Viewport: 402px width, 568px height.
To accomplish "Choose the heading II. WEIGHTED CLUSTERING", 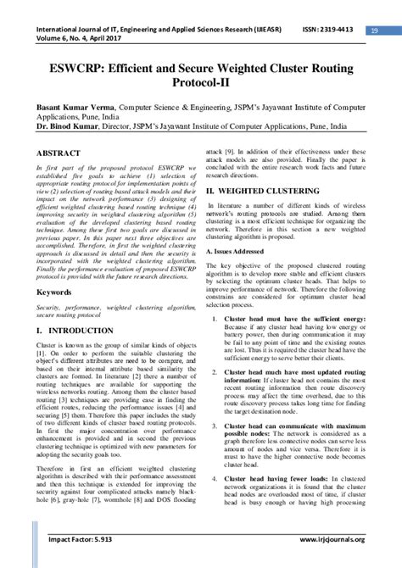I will tap(265, 193).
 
